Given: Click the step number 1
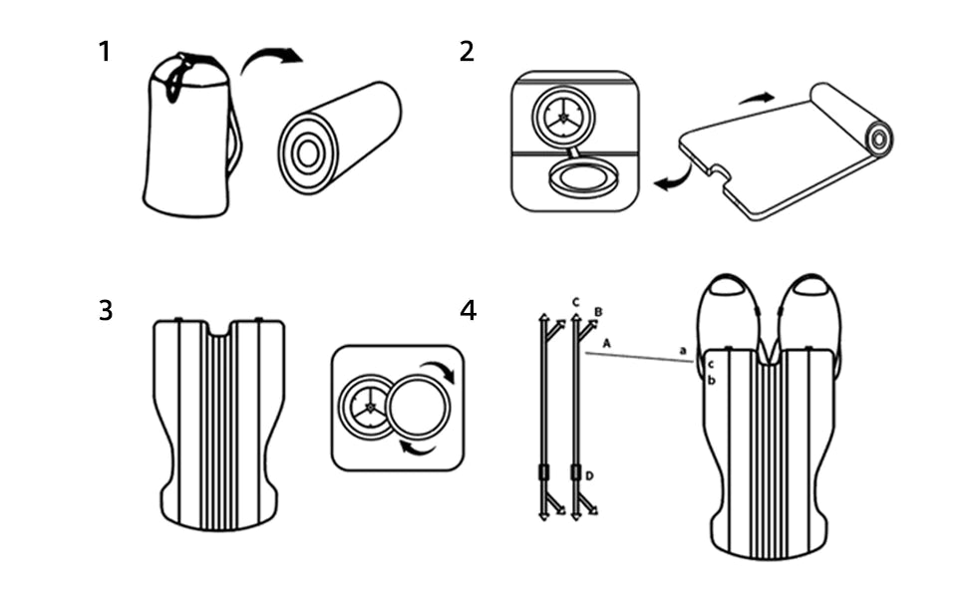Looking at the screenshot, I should (x=105, y=51).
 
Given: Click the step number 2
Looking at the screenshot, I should (x=467, y=51).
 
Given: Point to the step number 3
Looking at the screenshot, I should (x=105, y=310).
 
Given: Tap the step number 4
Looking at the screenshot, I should (x=468, y=310).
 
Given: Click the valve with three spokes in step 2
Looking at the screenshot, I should (x=563, y=117).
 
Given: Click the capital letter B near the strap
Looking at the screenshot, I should (x=597, y=312).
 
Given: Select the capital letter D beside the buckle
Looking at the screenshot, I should (x=589, y=475).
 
